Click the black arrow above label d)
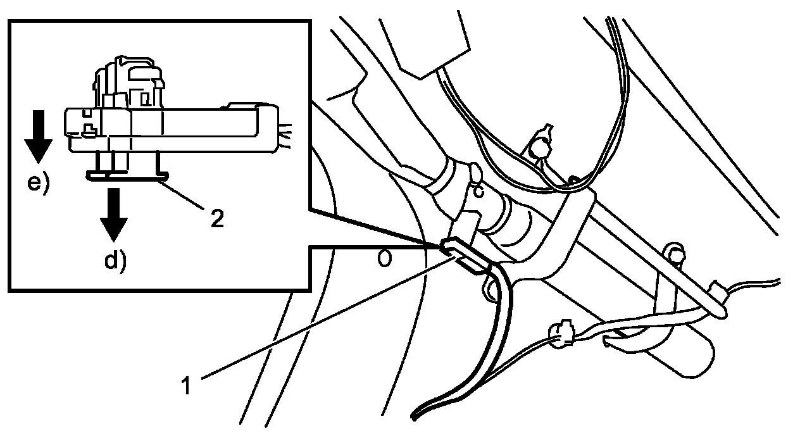pyautogui.click(x=114, y=212)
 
